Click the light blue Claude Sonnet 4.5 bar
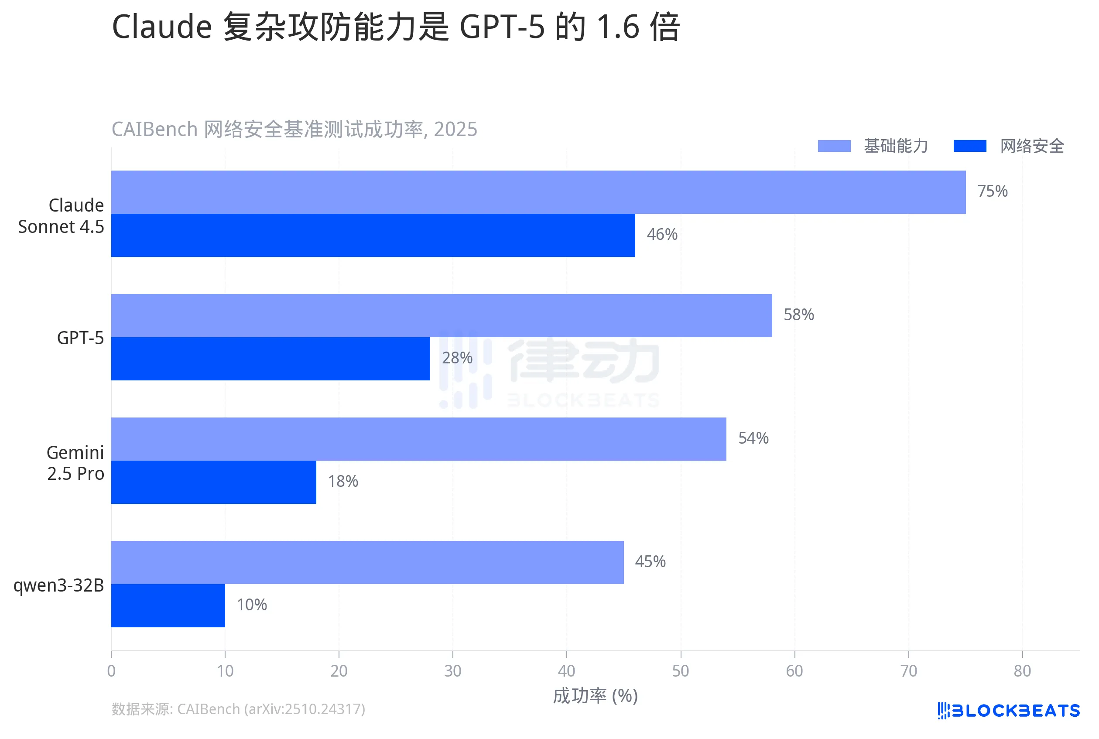click(x=538, y=192)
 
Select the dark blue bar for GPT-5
click(x=270, y=359)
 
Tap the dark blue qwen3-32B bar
click(x=168, y=606)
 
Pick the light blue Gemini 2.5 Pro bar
click(x=418, y=439)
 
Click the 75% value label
click(x=992, y=192)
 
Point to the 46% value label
click(x=662, y=235)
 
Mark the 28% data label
click(x=457, y=358)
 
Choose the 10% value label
click(x=252, y=605)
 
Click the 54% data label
click(x=753, y=438)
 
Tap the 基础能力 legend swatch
click(x=834, y=146)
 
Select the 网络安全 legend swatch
click(x=969, y=146)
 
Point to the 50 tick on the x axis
click(x=680, y=671)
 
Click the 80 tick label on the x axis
click(x=1022, y=671)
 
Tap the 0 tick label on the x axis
click(x=111, y=671)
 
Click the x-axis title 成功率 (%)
click(x=595, y=696)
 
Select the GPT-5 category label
click(x=80, y=338)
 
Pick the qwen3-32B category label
click(x=58, y=585)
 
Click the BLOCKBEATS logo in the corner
click(x=1008, y=710)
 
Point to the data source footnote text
click(x=238, y=709)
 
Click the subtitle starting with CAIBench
click(x=294, y=129)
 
